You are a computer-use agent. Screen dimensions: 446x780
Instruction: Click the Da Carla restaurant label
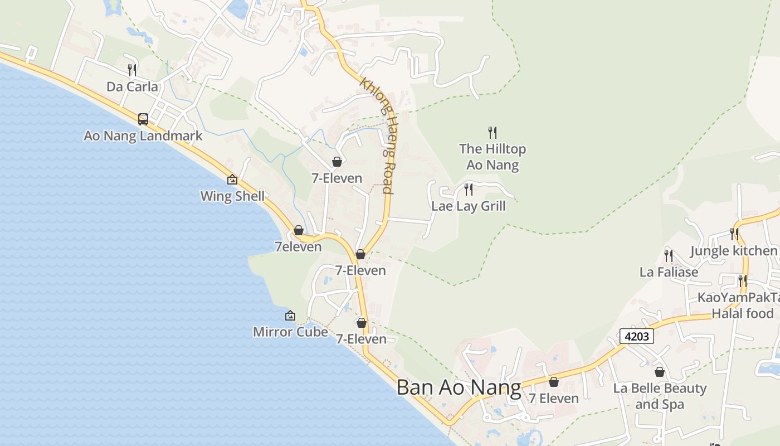(132, 87)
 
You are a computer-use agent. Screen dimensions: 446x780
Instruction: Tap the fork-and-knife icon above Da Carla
(132, 70)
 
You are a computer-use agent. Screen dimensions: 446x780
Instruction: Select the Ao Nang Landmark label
(143, 136)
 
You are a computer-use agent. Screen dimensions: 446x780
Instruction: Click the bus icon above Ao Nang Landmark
(143, 119)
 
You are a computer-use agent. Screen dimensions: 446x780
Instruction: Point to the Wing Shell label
(232, 196)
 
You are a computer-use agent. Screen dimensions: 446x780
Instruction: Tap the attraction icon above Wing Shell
(232, 180)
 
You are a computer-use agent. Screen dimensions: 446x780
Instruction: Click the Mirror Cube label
(290, 332)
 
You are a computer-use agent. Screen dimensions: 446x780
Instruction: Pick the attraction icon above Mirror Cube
(290, 316)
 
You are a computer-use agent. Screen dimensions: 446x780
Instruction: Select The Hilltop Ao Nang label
(493, 157)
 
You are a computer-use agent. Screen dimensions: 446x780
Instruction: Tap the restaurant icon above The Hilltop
(493, 132)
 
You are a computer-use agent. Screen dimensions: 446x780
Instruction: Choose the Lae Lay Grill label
(469, 206)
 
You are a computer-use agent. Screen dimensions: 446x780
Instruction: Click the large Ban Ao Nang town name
(459, 387)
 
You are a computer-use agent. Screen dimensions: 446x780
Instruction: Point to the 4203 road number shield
(636, 336)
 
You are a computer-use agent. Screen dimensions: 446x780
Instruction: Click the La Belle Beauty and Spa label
(660, 396)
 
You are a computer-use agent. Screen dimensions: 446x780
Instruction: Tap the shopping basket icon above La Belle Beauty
(660, 372)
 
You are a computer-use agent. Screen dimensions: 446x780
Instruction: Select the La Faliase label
(669, 272)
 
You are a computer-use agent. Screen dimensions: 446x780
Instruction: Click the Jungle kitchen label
(734, 251)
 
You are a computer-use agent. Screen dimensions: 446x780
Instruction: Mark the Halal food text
(743, 313)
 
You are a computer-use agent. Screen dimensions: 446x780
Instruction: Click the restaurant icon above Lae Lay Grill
(469, 190)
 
